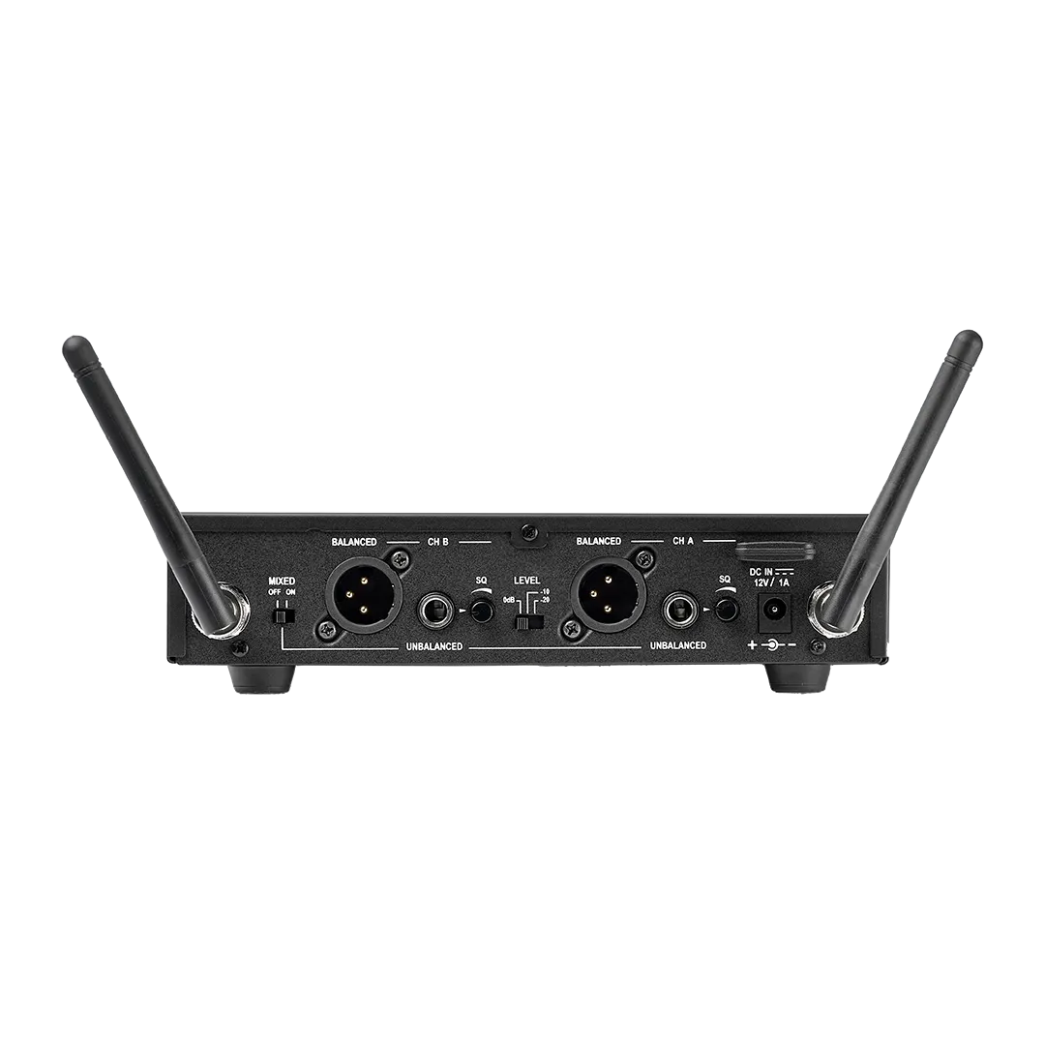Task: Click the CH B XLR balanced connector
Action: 364,590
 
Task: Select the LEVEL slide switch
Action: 528,623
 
